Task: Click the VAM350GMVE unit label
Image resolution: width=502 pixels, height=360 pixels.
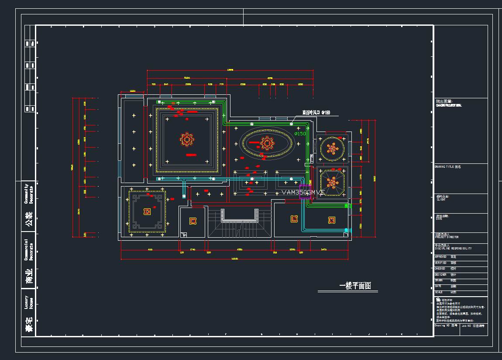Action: (303, 192)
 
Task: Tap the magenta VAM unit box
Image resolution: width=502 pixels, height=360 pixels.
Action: (305, 193)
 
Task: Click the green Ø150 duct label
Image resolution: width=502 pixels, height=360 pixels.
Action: (300, 134)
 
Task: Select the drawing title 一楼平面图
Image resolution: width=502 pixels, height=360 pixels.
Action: (355, 286)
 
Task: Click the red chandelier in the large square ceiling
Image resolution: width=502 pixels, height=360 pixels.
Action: (187, 140)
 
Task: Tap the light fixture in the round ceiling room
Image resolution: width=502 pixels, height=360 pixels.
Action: (333, 149)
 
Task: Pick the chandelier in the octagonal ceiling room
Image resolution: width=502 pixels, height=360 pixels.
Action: (333, 183)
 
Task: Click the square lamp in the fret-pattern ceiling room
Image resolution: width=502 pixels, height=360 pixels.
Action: (147, 212)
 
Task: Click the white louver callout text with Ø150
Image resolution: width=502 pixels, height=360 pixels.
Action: (316, 113)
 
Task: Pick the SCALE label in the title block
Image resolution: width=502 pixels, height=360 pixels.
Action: (439, 292)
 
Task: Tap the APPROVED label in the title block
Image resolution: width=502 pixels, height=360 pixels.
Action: (441, 257)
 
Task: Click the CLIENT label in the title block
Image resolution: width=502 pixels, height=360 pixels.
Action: (441, 199)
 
